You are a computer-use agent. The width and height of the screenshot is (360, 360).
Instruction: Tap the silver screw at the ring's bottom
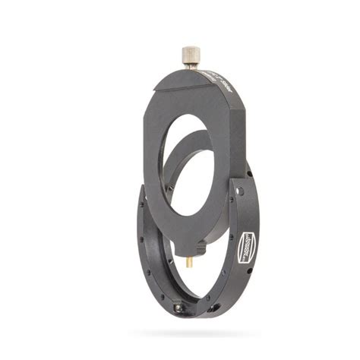[178, 308]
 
